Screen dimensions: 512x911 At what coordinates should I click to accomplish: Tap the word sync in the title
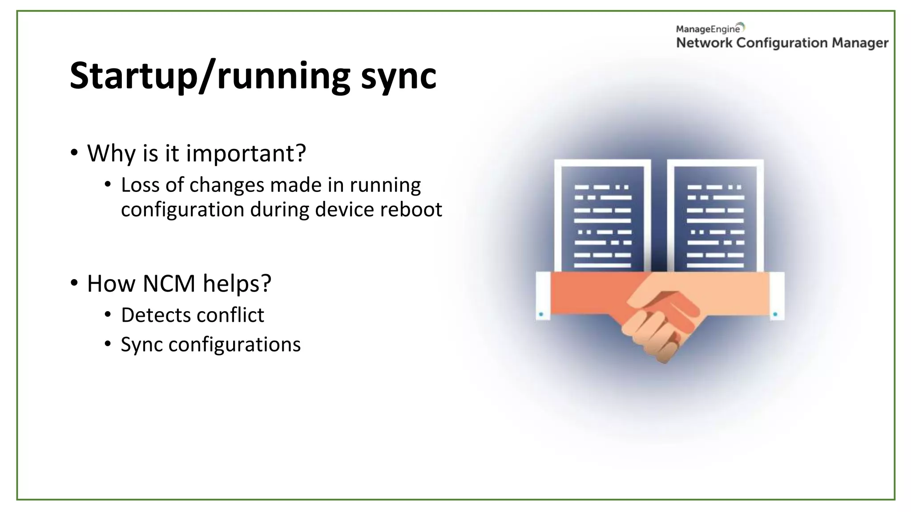tap(399, 76)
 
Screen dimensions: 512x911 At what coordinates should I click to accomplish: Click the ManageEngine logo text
tap(708, 29)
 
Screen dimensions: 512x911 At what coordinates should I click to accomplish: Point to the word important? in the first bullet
tap(246, 154)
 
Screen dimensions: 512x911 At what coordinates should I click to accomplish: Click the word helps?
tap(237, 284)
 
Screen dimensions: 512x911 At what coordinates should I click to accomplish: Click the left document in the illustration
tap(602, 218)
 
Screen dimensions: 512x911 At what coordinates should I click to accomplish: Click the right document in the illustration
tap(715, 218)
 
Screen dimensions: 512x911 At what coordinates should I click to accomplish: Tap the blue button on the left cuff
tap(541, 314)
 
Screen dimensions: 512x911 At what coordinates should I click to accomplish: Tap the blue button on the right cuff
tap(775, 314)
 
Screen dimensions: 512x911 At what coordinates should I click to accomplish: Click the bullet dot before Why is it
tap(74, 153)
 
